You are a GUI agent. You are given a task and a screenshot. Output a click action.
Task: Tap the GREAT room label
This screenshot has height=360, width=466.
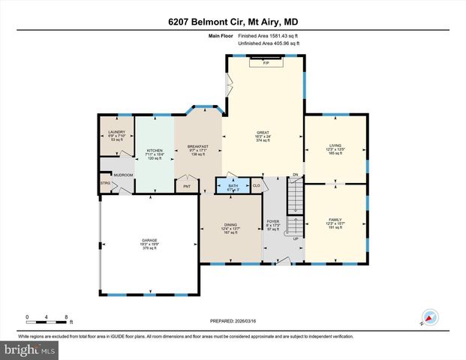263,132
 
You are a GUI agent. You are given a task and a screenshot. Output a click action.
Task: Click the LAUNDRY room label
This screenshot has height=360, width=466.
116,132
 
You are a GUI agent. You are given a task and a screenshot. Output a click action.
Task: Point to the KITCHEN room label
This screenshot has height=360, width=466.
154,151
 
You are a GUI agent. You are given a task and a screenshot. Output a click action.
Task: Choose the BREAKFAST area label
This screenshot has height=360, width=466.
198,146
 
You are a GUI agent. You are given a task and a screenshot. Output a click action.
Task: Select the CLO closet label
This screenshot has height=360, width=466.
256,185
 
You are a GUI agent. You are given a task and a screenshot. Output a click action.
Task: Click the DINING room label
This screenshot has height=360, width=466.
230,224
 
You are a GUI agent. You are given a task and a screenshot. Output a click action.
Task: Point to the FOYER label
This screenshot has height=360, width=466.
273,222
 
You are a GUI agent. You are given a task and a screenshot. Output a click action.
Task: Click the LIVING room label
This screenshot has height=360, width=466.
335,146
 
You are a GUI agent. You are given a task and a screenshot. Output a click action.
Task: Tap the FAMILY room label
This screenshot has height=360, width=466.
335,220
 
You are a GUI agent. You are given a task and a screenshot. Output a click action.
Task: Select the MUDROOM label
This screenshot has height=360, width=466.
123,175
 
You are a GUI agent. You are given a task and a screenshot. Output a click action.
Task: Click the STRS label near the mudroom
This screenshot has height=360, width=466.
105,182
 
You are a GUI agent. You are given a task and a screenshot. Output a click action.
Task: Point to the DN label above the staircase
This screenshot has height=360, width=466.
296,175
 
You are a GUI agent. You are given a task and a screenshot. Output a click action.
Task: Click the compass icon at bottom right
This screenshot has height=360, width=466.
428,318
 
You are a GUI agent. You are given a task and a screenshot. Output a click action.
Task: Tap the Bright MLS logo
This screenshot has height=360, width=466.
29,349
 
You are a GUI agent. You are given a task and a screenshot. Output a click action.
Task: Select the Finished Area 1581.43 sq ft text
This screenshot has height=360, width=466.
269,35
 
